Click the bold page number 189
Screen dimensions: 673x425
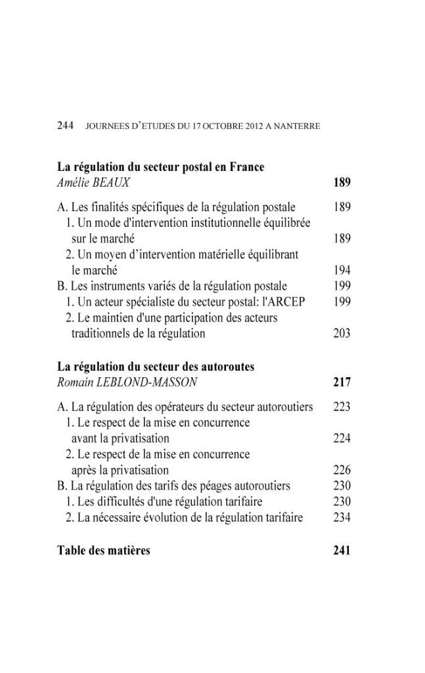342,183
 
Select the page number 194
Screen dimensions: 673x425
342,270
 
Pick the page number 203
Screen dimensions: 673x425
342,333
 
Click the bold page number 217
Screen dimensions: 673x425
342,383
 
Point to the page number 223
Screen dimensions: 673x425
342,407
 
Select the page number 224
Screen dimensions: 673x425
342,438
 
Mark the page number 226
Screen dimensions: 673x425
342,470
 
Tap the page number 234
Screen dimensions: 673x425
342,517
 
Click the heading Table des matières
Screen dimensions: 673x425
104,550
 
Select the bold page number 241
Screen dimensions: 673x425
342,550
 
